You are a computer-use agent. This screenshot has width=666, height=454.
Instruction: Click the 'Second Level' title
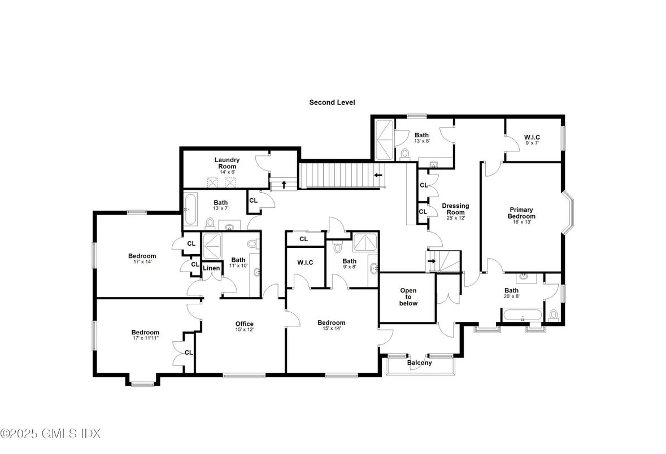click(x=332, y=102)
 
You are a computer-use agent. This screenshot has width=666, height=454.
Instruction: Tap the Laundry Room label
click(x=227, y=163)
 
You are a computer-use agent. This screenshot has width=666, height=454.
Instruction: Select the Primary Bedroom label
click(x=521, y=213)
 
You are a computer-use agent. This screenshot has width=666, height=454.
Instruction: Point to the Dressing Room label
click(x=455, y=209)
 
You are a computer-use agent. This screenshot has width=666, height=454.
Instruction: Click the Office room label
click(x=244, y=324)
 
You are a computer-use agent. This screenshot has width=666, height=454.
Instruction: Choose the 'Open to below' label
click(x=408, y=297)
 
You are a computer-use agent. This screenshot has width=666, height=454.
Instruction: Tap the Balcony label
click(x=419, y=363)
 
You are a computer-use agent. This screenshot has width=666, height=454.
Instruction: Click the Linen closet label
click(x=211, y=268)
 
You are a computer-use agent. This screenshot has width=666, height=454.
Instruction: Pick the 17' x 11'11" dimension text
click(x=145, y=338)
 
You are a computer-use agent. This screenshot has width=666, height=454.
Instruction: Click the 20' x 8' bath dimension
click(x=511, y=296)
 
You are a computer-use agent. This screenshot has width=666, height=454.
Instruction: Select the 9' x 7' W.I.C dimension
click(x=532, y=143)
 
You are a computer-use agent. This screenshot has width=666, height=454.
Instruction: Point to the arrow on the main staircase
click(x=377, y=175)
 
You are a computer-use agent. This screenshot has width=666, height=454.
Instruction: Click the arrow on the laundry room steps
click(x=284, y=185)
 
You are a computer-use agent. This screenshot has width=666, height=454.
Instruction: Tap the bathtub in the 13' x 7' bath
click(x=190, y=210)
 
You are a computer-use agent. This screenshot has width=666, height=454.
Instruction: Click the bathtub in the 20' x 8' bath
click(x=522, y=316)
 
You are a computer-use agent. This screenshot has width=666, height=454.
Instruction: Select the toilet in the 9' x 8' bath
click(x=338, y=247)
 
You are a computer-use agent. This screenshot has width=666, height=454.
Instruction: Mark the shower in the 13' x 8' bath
click(x=384, y=139)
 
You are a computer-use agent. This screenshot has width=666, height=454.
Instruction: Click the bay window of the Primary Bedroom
click(x=568, y=212)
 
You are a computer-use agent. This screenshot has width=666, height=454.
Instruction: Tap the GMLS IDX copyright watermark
click(x=50, y=434)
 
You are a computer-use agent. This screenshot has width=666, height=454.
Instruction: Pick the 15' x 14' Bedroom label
click(x=331, y=325)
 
